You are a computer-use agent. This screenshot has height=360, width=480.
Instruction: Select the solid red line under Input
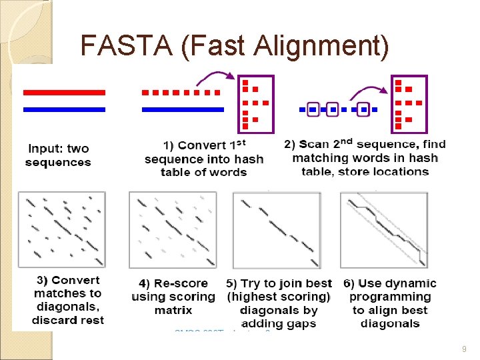point(64,92)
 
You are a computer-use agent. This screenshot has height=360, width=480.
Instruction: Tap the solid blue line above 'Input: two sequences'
point(64,109)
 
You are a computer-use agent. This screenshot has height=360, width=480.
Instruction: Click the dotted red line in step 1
point(181,92)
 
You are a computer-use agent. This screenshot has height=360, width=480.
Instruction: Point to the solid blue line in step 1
point(183,109)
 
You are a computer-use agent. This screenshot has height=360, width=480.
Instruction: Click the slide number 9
point(463,347)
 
